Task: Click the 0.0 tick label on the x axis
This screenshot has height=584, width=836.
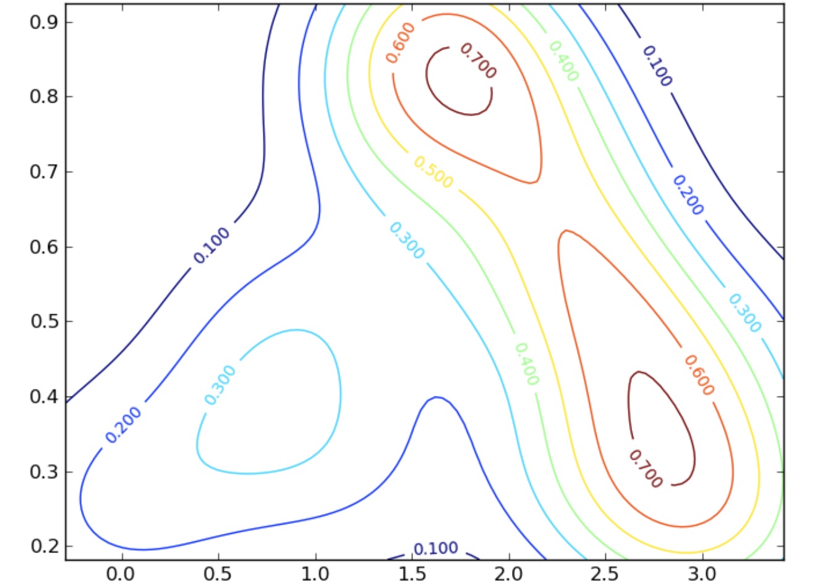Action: coord(121,573)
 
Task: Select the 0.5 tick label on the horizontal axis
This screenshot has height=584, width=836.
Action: coord(218,573)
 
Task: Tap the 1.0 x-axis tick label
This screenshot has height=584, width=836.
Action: coord(315,573)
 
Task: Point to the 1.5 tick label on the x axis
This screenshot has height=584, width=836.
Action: coord(412,573)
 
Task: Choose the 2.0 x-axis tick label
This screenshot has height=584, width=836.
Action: coord(509,573)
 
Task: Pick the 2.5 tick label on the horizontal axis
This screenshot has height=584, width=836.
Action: coord(606,573)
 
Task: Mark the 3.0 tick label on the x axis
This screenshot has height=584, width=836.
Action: coord(703,573)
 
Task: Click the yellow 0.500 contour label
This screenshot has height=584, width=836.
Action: coord(433,172)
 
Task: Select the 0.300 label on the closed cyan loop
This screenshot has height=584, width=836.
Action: coord(220,385)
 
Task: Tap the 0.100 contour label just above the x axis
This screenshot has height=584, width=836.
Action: coord(436,549)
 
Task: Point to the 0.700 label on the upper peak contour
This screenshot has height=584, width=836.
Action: coord(478,61)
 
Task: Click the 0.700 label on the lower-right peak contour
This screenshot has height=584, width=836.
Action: coord(646,468)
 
